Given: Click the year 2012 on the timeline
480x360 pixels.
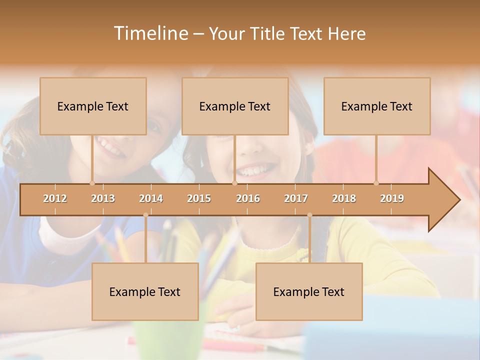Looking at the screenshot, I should [55, 198].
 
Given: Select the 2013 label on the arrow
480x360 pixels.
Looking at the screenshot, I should [103, 198].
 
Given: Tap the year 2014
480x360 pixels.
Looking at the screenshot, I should [151, 198].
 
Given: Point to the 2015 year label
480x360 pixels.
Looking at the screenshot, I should [199, 198].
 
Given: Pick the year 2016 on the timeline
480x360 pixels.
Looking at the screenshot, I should [248, 198].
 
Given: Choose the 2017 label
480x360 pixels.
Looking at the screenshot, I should [296, 198].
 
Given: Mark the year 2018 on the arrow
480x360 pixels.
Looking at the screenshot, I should [344, 198].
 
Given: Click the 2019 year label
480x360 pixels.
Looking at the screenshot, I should [392, 198].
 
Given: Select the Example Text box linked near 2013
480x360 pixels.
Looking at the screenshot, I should [93, 106].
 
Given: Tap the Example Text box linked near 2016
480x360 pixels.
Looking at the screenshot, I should [235, 106].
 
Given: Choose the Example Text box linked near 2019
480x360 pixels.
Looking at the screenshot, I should [377, 106].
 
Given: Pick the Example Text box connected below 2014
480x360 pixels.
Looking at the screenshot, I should [145, 291].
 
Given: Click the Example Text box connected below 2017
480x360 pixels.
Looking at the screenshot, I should [309, 291].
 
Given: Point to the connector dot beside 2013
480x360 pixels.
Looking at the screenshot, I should [92, 183].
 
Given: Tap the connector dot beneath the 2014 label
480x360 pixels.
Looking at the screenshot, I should [145, 215].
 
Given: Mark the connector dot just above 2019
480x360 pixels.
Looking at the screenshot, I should [376, 183].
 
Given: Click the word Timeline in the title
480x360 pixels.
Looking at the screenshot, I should [150, 33].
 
